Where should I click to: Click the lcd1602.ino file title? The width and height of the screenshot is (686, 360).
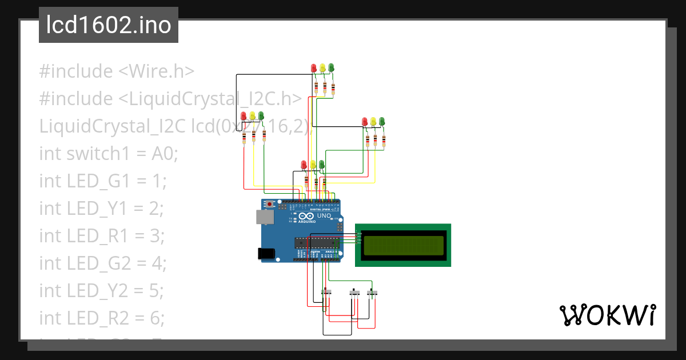[108, 25]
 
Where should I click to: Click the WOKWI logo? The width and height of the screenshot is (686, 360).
[607, 315]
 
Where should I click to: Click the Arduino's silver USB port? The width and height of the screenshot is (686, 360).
[264, 216]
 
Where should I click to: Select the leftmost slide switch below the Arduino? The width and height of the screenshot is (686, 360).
[327, 293]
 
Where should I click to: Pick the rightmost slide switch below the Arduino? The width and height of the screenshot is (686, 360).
[372, 293]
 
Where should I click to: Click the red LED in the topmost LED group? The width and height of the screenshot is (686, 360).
[313, 68]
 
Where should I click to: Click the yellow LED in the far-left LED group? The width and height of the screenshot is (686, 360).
[253, 116]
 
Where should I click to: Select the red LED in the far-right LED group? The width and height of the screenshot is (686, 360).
[365, 122]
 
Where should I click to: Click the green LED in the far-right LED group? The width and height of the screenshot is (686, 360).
[382, 121]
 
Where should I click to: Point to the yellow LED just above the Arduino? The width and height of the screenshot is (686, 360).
[313, 165]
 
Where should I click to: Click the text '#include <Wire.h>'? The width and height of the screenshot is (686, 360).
[117, 71]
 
